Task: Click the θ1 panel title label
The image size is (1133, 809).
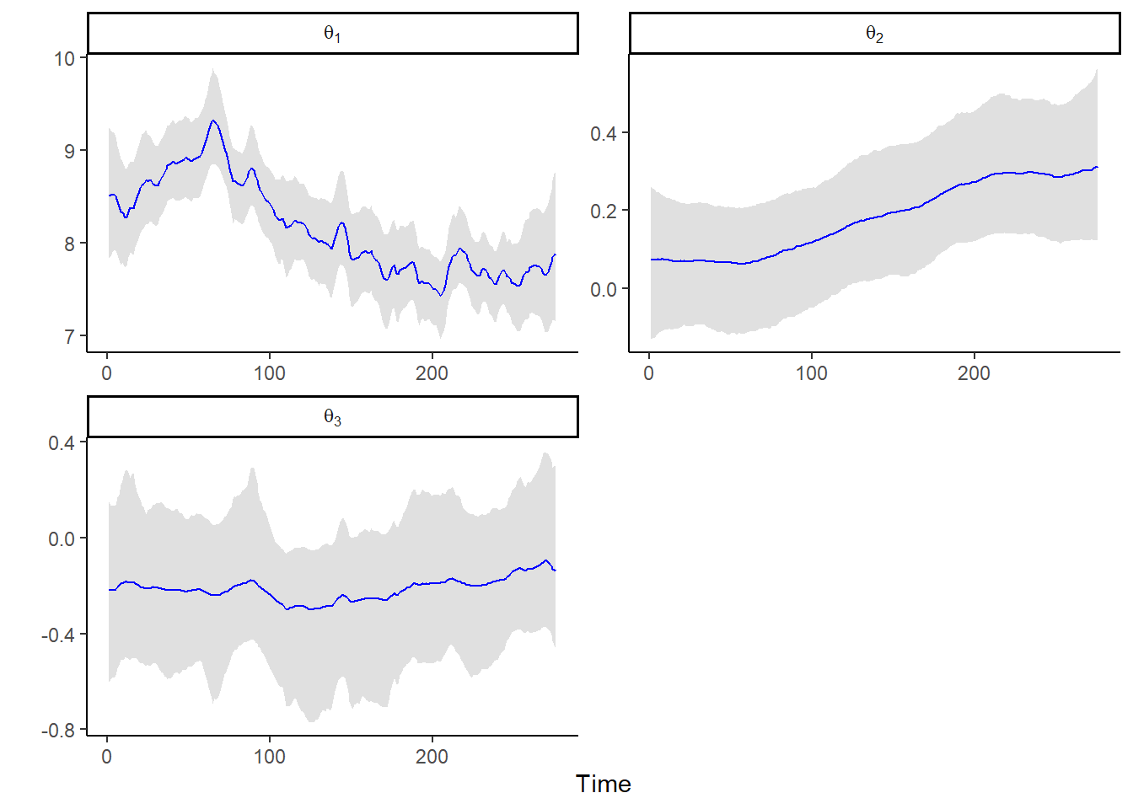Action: tap(332, 34)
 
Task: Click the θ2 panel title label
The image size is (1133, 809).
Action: tap(874, 34)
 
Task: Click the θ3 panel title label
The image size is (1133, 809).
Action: tap(332, 417)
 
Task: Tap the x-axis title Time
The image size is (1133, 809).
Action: tap(603, 784)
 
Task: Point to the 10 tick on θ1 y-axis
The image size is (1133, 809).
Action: tap(65, 59)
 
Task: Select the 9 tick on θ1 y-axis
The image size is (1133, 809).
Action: tap(69, 152)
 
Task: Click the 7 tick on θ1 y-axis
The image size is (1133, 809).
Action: tap(69, 337)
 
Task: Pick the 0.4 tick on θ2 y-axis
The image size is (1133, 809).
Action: tap(603, 133)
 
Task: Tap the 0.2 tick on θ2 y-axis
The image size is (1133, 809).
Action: tap(603, 211)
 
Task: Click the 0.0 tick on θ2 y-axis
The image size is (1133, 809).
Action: tap(603, 289)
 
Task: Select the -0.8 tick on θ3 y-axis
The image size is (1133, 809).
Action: tap(58, 731)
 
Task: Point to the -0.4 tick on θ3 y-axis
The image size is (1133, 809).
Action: tap(58, 635)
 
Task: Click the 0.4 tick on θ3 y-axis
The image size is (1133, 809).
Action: tap(61, 443)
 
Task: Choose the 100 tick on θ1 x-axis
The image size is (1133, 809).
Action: tap(270, 373)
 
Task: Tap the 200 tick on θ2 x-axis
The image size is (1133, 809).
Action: tap(974, 373)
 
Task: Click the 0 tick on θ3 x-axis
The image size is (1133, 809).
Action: tap(107, 757)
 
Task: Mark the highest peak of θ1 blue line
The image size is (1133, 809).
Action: tap(213, 121)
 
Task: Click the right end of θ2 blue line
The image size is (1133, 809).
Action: tap(1097, 167)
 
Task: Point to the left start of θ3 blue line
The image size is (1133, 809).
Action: tap(110, 590)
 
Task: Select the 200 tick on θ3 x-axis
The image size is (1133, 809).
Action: tap(432, 757)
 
